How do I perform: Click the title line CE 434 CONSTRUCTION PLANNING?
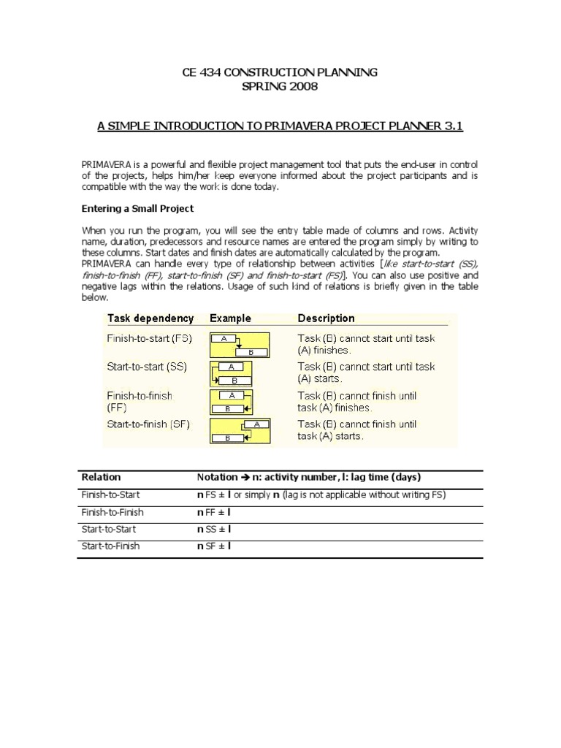tap(280, 72)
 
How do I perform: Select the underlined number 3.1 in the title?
tap(449, 126)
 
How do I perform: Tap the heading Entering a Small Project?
tap(137, 209)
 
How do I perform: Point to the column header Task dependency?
tap(150, 318)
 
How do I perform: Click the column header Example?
tap(230, 318)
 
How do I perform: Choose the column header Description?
tap(326, 318)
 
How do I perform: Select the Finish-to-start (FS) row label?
tap(148, 339)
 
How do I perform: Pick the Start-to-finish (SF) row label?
tap(148, 424)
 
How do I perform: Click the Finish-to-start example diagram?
tap(240, 344)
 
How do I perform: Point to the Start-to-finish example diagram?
tap(240, 430)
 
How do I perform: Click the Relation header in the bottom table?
tap(101, 477)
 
